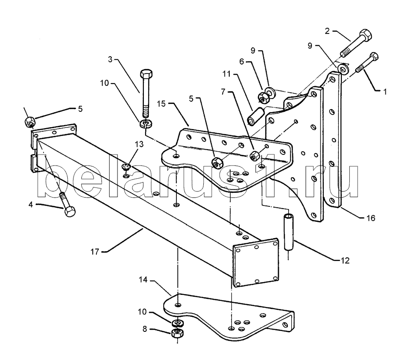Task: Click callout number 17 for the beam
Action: tap(95, 252)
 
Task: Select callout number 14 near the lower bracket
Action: tap(143, 279)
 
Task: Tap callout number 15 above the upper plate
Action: tap(161, 103)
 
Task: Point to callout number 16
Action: tap(371, 218)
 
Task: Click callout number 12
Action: tap(345, 261)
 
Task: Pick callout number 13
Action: tap(139, 144)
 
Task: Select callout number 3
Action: tap(110, 59)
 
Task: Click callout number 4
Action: tap(30, 204)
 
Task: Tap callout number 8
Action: tap(145, 329)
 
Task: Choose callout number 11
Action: tap(227, 74)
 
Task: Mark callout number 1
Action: tap(385, 92)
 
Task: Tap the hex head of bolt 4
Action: tap(70, 211)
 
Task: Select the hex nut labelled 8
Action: tap(177, 333)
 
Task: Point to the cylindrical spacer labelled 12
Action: tap(288, 232)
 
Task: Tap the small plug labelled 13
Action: tap(125, 166)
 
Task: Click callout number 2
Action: tap(327, 31)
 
